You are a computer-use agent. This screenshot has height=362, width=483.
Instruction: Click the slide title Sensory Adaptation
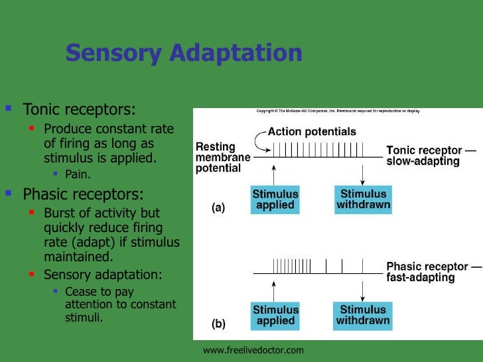pos(184,53)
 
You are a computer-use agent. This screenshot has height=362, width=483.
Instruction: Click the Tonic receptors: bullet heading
pos(79,108)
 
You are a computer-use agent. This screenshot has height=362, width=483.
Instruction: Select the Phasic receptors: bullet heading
pos(83,194)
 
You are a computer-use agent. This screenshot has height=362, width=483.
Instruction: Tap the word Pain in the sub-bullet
pos(78,174)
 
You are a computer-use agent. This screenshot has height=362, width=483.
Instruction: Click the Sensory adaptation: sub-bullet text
pos(102,274)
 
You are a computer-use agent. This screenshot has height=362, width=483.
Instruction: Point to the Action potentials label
pos(312,132)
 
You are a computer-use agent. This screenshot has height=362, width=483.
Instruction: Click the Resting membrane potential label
pos(222,156)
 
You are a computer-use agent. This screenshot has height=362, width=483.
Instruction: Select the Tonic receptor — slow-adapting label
pos(431,156)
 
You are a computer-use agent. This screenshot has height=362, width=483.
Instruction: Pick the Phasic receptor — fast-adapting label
pos(434,272)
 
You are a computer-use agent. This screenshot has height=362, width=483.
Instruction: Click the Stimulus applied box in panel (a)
pos(275,200)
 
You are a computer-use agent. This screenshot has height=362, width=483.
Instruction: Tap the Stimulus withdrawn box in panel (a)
pos(364,200)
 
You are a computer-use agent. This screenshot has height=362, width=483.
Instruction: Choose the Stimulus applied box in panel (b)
pos(275,315)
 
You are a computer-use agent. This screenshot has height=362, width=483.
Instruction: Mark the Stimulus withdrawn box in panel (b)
pos(364,315)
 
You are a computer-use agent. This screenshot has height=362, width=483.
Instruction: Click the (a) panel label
pos(218,208)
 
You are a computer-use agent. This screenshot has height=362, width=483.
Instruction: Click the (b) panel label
pos(218,324)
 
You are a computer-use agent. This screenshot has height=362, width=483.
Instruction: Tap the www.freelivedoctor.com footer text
pos(253,349)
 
